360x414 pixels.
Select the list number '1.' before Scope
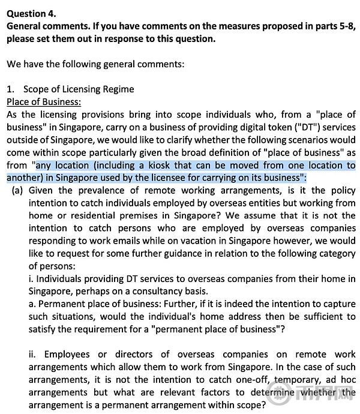[11, 89]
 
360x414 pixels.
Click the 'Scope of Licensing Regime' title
[79, 89]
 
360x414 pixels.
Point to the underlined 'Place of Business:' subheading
[44, 102]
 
